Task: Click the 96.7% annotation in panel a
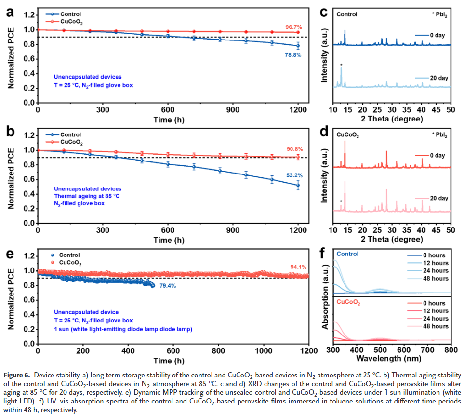tap(294, 27)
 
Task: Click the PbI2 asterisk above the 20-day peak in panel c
tap(341, 65)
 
